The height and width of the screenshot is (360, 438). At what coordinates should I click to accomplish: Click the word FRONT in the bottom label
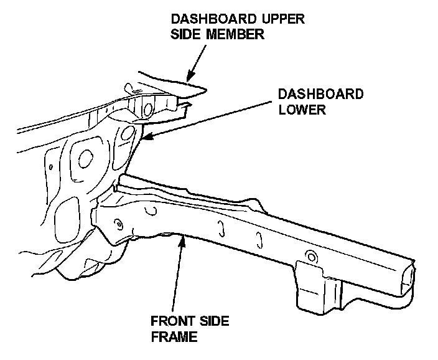(169, 321)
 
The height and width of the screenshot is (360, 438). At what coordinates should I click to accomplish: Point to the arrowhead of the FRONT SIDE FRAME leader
(181, 239)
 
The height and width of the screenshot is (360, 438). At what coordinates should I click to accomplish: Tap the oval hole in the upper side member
(148, 108)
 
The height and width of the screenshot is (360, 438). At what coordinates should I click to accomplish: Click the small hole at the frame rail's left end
(117, 221)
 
